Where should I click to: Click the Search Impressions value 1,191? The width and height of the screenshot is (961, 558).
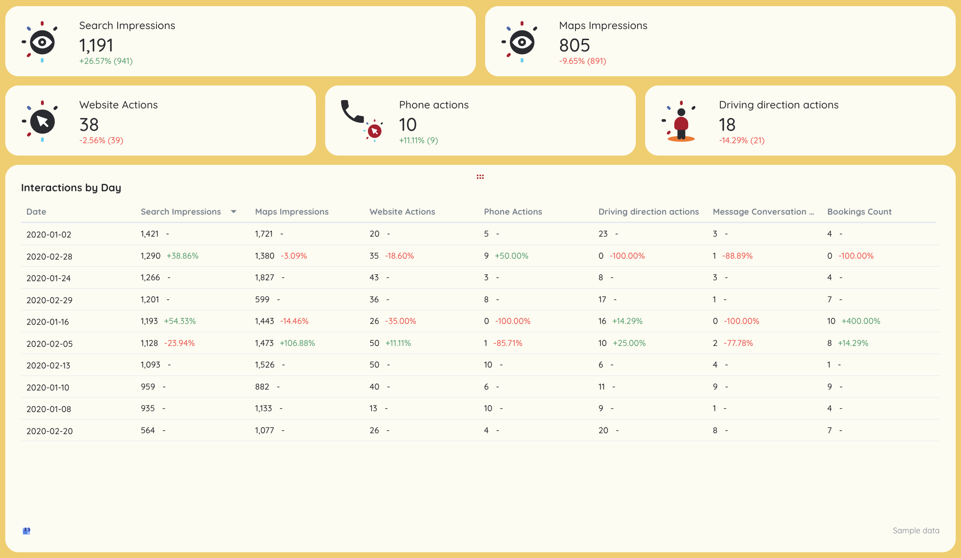[96, 45]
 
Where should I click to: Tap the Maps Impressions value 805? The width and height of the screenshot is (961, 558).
[574, 45]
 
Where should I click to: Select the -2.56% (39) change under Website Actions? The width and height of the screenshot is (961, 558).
[101, 141]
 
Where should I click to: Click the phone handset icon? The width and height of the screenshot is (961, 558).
[352, 112]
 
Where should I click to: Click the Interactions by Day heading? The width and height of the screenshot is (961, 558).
[71, 188]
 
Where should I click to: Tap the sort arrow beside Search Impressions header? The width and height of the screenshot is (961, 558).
[234, 212]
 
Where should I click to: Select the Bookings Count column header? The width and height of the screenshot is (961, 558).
[859, 212]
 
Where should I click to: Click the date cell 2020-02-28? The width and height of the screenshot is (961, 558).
[49, 257]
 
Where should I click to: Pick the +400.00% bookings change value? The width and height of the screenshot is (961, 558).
[861, 321]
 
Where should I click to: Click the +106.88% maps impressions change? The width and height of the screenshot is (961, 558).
[297, 343]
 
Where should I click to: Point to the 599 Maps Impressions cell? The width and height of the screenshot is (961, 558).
[262, 300]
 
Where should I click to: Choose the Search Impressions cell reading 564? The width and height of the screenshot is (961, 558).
[148, 431]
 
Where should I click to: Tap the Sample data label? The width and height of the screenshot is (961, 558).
[916, 531]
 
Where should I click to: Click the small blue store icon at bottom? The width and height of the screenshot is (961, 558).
[26, 531]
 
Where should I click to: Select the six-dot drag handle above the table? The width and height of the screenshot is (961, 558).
[480, 177]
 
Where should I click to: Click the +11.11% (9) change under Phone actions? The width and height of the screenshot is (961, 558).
[419, 141]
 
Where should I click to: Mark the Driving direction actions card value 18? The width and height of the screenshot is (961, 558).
[727, 125]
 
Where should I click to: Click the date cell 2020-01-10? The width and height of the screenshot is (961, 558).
[48, 387]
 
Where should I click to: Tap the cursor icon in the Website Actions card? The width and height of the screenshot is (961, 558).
[42, 122]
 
